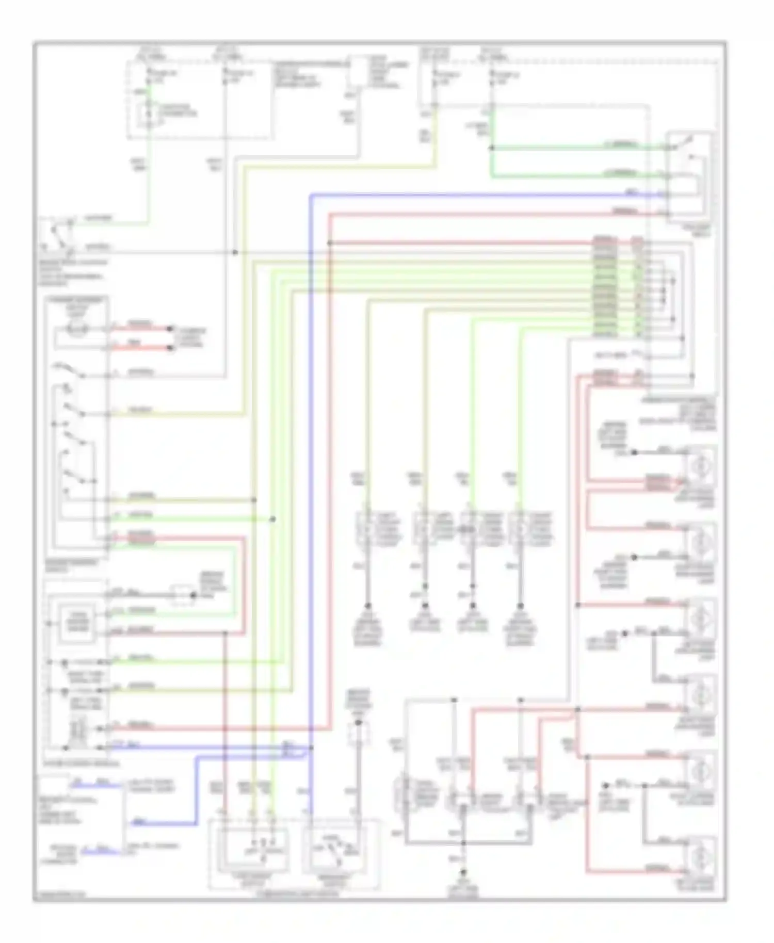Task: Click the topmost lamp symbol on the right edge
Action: click(x=700, y=465)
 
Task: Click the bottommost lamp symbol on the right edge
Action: click(x=700, y=856)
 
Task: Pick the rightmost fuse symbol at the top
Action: click(x=493, y=76)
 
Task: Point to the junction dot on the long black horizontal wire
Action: click(x=235, y=252)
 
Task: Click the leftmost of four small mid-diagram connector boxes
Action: click(x=365, y=529)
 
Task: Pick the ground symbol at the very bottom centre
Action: click(x=463, y=871)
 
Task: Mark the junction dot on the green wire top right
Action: click(x=491, y=148)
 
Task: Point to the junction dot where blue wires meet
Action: click(x=311, y=747)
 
